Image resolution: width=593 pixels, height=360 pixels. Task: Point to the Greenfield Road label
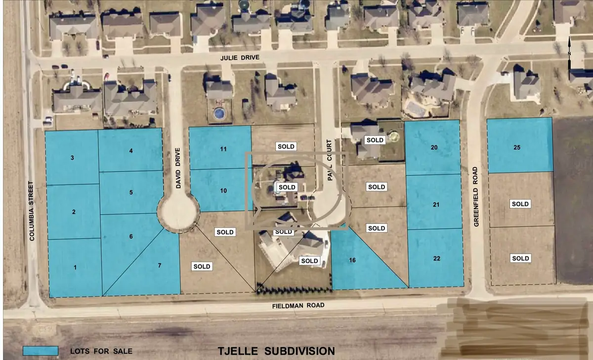[x=476, y=196]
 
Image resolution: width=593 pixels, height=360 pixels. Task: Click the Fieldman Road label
[x=299, y=306]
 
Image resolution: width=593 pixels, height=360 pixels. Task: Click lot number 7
[x=160, y=266]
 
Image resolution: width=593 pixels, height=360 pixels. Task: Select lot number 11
[x=223, y=148]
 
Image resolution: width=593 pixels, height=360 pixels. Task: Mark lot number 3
[x=72, y=158]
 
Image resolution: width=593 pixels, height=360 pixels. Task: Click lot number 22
[x=435, y=259]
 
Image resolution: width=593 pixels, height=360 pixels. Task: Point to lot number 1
[x=75, y=268]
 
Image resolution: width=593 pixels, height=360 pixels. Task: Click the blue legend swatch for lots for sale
[x=41, y=351]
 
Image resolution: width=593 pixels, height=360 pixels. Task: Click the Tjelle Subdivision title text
[x=276, y=351]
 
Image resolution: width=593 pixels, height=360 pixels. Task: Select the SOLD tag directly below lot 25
[x=520, y=204]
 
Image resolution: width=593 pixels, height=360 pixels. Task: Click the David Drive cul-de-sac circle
[x=178, y=213]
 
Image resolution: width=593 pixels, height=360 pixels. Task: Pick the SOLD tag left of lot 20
[x=374, y=140]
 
